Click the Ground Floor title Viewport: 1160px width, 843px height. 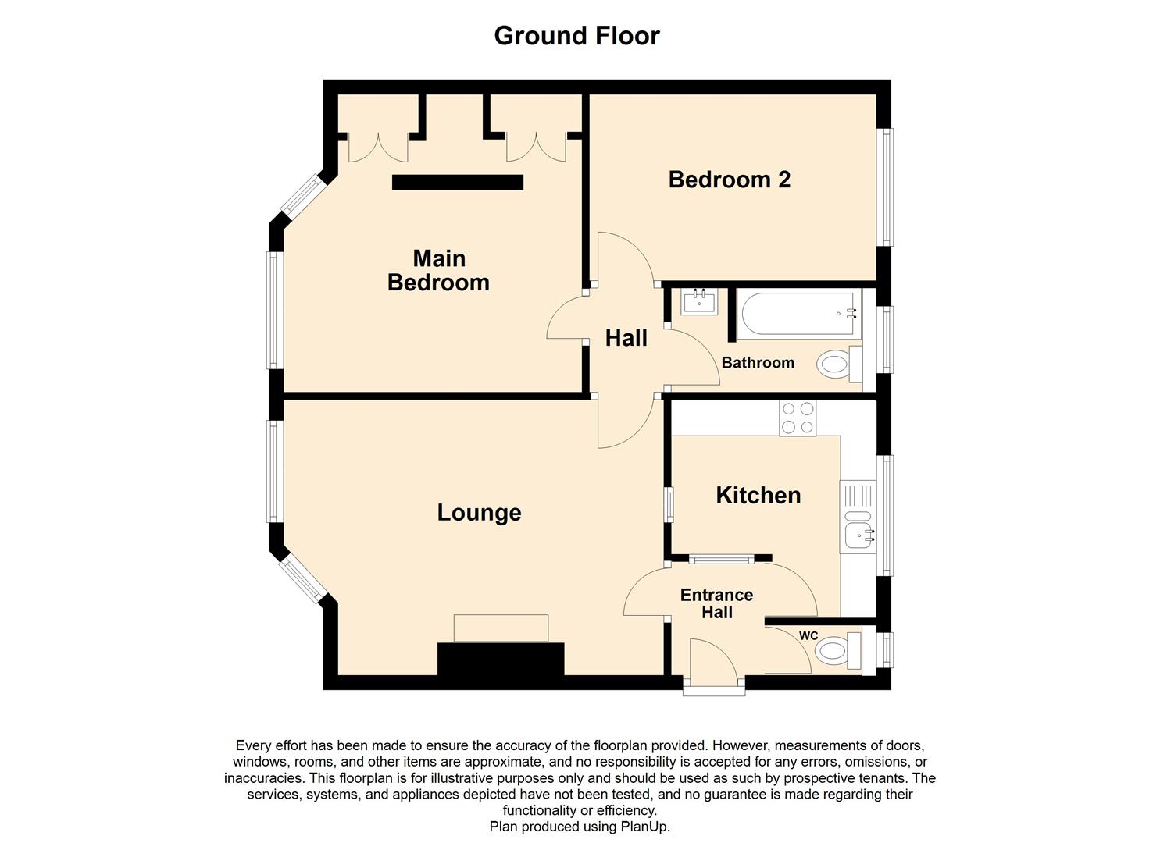click(x=576, y=36)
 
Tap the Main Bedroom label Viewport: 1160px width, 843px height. click(x=438, y=270)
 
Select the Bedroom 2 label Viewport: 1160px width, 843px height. click(x=729, y=180)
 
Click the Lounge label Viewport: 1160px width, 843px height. click(x=479, y=513)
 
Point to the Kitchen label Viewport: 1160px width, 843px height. click(x=758, y=496)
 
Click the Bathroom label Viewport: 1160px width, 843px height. click(x=757, y=363)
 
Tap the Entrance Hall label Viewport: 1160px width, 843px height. click(x=716, y=603)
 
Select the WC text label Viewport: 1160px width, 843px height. click(x=808, y=636)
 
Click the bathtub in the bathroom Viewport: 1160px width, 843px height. click(x=797, y=314)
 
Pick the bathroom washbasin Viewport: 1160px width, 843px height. click(x=699, y=301)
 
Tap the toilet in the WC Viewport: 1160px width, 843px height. click(x=836, y=650)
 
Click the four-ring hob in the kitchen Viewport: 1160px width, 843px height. click(x=797, y=418)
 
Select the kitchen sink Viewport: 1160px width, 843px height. click(x=858, y=535)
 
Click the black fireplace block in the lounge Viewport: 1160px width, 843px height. click(x=501, y=659)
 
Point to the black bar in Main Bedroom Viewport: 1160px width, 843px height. click(x=457, y=182)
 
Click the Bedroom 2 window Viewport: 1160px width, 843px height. click(x=886, y=187)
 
